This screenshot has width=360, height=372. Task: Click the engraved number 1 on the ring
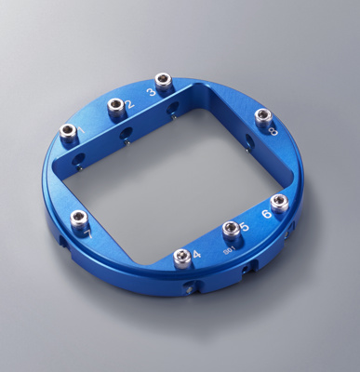[x=82, y=131]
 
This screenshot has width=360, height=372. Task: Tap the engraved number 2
[x=129, y=104]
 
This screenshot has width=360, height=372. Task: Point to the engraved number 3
[x=151, y=92]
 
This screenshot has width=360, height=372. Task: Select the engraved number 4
[x=196, y=254]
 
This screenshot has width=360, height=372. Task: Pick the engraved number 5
[x=244, y=227]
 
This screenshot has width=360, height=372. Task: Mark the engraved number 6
[x=267, y=214]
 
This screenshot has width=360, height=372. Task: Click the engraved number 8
[x=273, y=132]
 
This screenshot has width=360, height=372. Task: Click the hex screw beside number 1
[x=69, y=131]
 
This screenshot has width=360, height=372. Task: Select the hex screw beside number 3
[x=164, y=82]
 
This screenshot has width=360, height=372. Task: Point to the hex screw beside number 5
[x=231, y=229]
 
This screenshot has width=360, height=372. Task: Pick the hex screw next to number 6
[x=279, y=203]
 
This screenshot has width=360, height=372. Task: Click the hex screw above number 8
[x=263, y=116]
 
